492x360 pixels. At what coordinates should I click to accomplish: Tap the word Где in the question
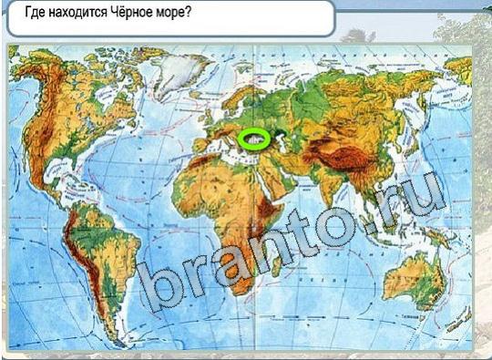(35, 15)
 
